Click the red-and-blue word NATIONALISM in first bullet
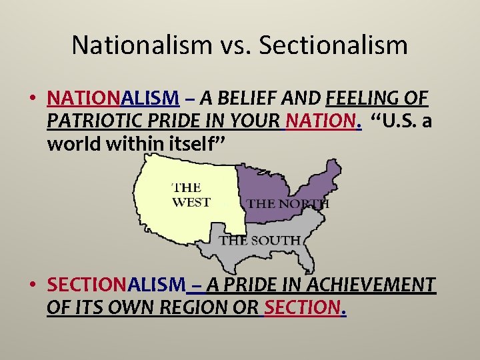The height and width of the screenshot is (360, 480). click(x=113, y=99)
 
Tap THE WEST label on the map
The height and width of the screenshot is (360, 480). click(x=191, y=195)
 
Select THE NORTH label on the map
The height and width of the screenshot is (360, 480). click(x=288, y=203)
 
